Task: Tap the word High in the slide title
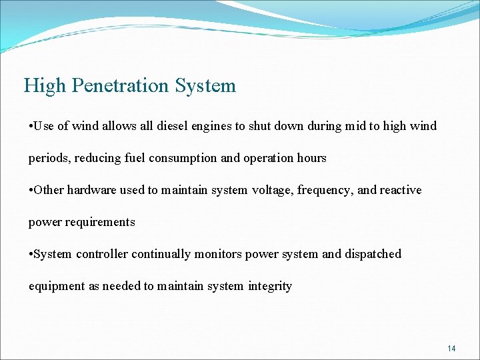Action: tap(45, 86)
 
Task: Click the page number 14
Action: tap(451, 348)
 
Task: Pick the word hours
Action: tap(311, 158)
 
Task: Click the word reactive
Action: tap(401, 190)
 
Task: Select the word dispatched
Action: tap(373, 254)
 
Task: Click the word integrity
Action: tap(269, 286)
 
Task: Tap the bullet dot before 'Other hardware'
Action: tap(31, 190)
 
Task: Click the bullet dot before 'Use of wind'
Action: tap(31, 126)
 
